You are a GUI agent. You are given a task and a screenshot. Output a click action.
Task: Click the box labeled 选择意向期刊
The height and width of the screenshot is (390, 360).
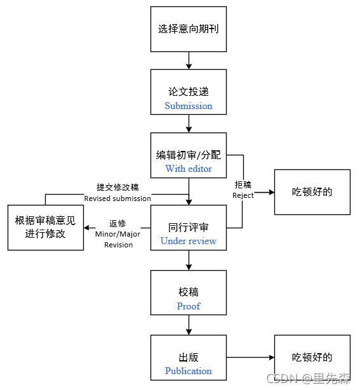point(189,29)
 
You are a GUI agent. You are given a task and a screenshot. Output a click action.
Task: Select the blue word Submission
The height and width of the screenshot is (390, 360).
point(189,106)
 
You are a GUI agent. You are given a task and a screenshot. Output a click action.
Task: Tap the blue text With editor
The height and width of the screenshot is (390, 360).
point(189,169)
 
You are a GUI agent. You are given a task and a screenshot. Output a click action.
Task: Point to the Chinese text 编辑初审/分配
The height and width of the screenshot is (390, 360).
point(189,155)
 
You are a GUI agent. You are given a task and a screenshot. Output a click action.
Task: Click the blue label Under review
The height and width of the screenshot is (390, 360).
point(189,241)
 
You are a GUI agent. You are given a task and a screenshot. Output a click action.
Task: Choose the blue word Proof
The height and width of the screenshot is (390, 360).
point(189,306)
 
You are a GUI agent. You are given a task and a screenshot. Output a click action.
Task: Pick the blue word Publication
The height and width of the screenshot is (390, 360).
point(189,371)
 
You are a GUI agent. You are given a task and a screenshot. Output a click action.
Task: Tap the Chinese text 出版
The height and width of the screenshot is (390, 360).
point(189,358)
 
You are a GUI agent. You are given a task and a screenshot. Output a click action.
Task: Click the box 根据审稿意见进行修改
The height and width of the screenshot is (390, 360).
point(45,227)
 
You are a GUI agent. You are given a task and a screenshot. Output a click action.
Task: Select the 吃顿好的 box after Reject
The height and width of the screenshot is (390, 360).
point(312,192)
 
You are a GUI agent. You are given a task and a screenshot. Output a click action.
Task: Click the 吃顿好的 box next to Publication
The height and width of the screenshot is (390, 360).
point(312,358)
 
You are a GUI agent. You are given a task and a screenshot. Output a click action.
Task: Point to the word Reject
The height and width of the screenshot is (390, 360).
point(243,195)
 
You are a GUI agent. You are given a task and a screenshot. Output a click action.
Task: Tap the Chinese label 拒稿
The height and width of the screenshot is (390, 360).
point(243,185)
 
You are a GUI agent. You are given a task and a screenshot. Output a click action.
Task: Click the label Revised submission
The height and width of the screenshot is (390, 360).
point(118,198)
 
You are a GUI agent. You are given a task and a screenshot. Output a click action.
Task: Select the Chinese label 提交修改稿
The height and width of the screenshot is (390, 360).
point(118,188)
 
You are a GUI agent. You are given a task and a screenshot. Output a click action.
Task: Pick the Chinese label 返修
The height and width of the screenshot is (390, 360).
point(118,223)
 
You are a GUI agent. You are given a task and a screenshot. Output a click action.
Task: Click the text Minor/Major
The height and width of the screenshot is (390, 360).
point(118,234)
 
